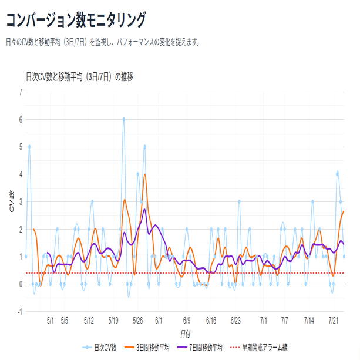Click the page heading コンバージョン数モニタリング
click(76, 21)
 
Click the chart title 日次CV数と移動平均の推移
click(79, 77)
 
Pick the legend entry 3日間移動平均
click(150, 348)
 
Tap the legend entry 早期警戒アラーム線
click(258, 348)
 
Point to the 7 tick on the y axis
click(21, 92)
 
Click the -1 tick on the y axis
click(19, 312)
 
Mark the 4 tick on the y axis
click(21, 174)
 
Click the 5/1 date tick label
click(51, 321)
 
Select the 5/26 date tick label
click(138, 321)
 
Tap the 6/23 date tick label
click(235, 321)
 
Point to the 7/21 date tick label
click(334, 321)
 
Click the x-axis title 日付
click(185, 334)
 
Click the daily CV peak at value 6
click(124, 119)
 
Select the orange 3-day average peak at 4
click(144, 174)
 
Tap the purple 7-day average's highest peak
click(144, 209)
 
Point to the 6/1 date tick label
click(159, 321)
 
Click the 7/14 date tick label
click(309, 321)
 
